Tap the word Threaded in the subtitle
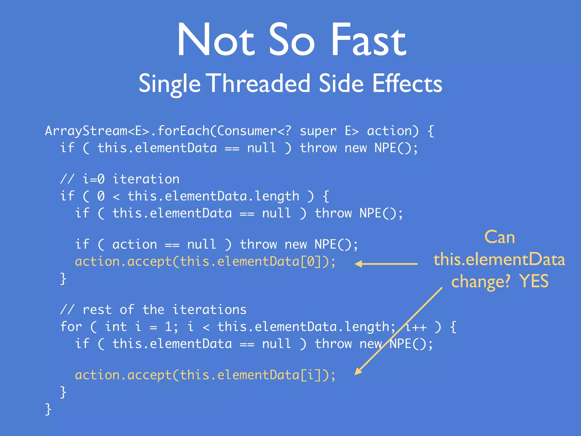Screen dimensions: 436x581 (x=260, y=83)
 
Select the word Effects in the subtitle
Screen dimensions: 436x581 (x=407, y=83)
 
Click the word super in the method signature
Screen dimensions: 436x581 (x=318, y=131)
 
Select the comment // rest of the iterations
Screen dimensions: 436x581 (x=153, y=310)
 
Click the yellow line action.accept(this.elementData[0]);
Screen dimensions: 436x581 (x=205, y=262)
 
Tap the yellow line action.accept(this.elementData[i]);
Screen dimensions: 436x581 (x=205, y=375)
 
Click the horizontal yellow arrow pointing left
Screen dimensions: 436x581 (x=386, y=264)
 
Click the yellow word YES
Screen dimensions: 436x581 (x=534, y=282)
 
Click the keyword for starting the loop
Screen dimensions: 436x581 (x=71, y=327)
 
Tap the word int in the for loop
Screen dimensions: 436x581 (x=116, y=327)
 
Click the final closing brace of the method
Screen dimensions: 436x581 (x=48, y=409)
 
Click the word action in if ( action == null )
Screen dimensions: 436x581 (x=134, y=245)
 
